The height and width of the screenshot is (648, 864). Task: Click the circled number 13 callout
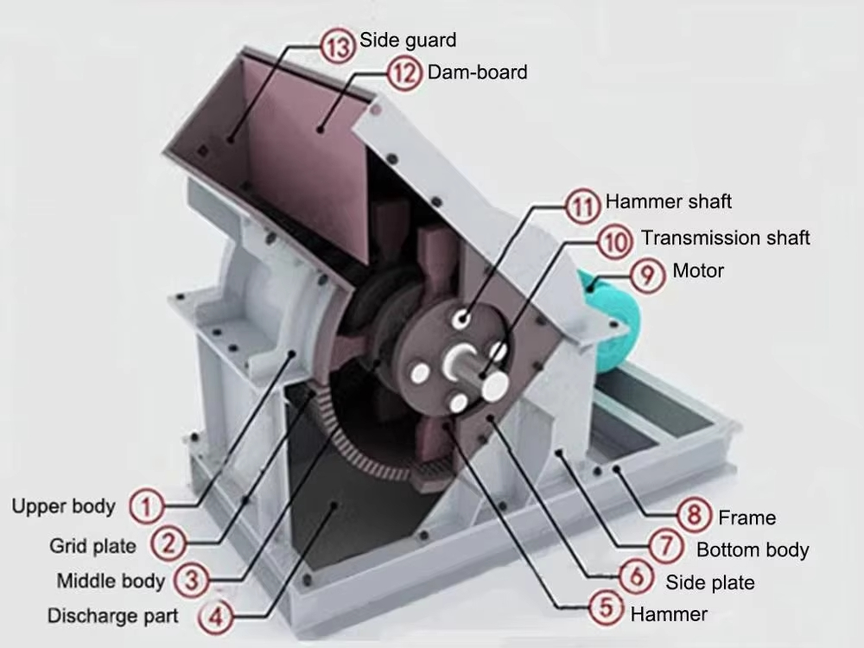(x=338, y=45)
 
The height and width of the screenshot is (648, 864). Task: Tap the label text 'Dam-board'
(x=477, y=73)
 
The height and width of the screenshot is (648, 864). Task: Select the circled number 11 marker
(x=583, y=206)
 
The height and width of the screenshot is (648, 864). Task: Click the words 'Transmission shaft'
(x=725, y=238)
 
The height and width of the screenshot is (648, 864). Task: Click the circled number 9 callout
(x=646, y=275)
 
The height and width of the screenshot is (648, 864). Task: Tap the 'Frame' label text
(x=746, y=518)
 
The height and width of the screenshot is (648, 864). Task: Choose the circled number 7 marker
(x=665, y=545)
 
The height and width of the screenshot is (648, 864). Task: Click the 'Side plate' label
(x=709, y=582)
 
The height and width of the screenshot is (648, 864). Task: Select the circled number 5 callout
(x=606, y=607)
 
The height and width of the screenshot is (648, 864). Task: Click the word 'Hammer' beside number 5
(x=669, y=613)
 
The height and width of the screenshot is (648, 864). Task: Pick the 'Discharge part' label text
(x=112, y=615)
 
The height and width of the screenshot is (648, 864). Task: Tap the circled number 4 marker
(x=215, y=615)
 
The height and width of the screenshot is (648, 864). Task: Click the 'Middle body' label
(x=111, y=581)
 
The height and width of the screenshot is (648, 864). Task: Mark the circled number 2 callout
(x=168, y=543)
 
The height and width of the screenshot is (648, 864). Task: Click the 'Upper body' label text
(x=63, y=506)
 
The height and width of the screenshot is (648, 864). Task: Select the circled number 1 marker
(x=147, y=505)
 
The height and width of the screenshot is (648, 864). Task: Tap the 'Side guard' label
(x=408, y=41)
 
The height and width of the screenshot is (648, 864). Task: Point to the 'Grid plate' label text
(x=92, y=546)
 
